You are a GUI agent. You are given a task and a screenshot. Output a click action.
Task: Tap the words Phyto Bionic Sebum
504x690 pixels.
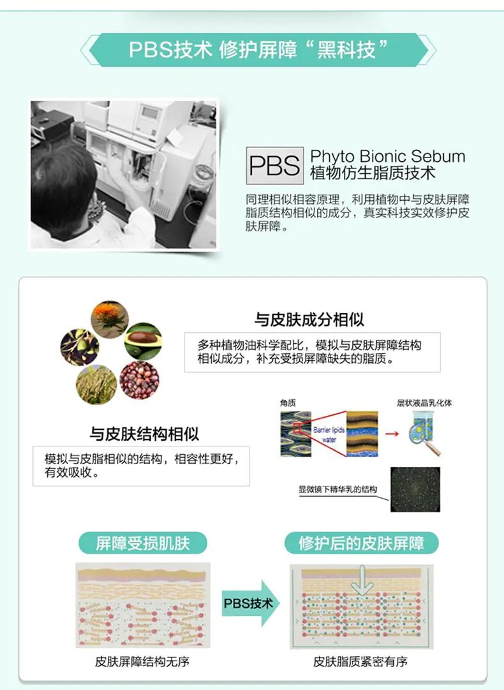[x=387, y=157]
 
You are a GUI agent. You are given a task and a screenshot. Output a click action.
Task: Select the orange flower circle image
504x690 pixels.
[x=109, y=319]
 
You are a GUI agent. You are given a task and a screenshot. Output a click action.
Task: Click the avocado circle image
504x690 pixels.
[x=143, y=342]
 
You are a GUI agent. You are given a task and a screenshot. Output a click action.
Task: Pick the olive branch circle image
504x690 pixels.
[x=80, y=347]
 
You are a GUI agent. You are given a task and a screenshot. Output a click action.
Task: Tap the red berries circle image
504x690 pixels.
[x=139, y=380]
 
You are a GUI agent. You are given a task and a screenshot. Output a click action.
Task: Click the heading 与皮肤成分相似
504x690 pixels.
[x=309, y=319]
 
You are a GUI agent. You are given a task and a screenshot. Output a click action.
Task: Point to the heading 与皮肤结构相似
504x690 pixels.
[x=144, y=435]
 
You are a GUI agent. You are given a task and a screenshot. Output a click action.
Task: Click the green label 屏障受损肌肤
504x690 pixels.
[x=143, y=543]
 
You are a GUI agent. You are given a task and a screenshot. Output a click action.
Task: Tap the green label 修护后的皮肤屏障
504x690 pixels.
[x=361, y=543]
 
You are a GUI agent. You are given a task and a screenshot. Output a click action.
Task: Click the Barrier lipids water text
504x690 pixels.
[x=329, y=434]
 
